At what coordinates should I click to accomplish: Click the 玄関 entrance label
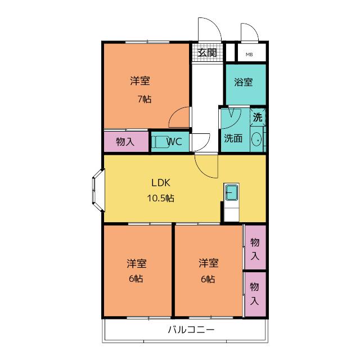[x=207, y=53]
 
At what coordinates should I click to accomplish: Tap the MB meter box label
[x=249, y=55]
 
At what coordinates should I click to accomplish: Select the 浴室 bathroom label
[x=244, y=82]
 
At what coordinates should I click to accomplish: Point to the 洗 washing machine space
[x=258, y=118]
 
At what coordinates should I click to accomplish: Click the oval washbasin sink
[x=256, y=139]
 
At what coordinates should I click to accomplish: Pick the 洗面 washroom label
[x=233, y=138]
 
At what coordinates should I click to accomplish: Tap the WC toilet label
[x=174, y=141]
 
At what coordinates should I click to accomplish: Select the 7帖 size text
[x=145, y=99]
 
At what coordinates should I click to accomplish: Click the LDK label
[x=161, y=183]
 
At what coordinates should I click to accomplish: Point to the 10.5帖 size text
[x=160, y=198]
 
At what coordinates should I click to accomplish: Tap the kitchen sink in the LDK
[x=231, y=192]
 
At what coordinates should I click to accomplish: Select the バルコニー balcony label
[x=191, y=330]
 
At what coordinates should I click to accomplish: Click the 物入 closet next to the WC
[x=126, y=142]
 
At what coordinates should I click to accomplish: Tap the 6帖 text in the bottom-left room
[x=136, y=279]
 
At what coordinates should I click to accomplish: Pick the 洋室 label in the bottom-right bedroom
[x=209, y=263]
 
